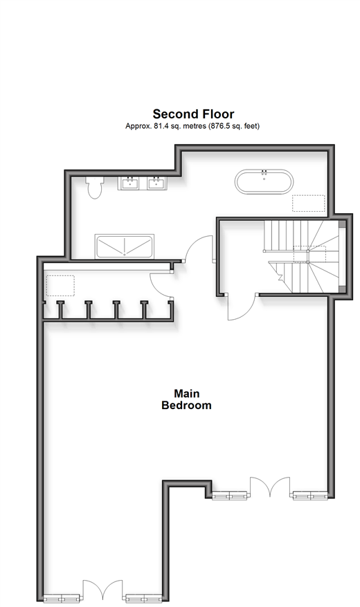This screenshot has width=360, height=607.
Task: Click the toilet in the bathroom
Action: tap(95, 188)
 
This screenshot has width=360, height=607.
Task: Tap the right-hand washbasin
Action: tap(156, 183)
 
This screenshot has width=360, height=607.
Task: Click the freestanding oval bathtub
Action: tap(264, 181)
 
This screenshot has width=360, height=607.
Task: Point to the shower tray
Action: tap(124, 246)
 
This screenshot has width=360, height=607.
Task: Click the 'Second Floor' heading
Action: tap(193, 114)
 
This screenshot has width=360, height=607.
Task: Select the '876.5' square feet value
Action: tap(220, 126)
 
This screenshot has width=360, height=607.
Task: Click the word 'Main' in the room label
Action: tap(187, 394)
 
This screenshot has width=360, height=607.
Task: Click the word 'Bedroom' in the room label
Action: tap(187, 406)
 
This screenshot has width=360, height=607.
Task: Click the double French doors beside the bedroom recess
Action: tap(270, 487)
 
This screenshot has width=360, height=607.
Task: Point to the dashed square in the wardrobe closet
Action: tap(60, 286)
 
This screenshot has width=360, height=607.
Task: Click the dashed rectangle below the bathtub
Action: tap(309, 203)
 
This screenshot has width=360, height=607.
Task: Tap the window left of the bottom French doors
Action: tap(62, 598)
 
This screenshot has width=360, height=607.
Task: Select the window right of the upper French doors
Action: tap(310, 495)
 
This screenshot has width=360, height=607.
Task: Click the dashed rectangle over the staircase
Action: tap(309, 253)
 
